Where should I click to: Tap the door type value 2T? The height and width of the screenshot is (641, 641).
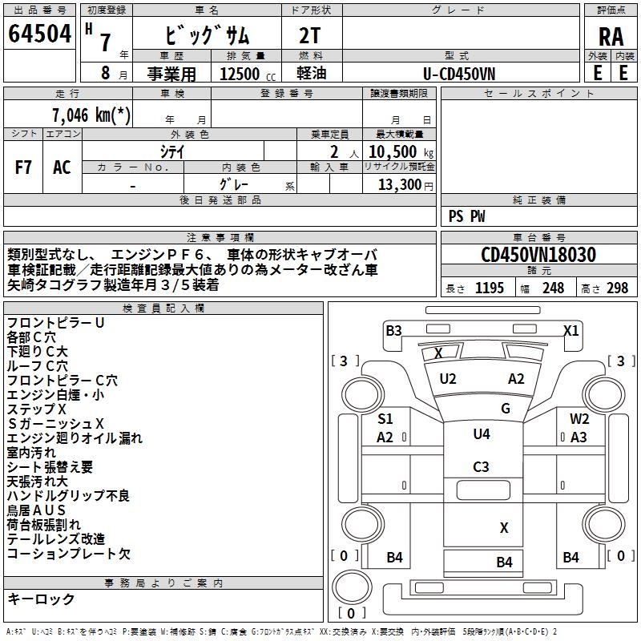click(310, 35)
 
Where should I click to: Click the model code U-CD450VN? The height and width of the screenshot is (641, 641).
click(459, 73)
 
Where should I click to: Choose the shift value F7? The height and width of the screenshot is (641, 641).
click(24, 167)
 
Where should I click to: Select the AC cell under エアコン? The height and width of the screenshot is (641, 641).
click(62, 167)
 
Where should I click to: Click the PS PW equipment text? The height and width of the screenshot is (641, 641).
click(467, 216)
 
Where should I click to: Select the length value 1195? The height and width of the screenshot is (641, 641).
click(490, 288)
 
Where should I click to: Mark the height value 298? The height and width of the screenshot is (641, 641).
click(617, 288)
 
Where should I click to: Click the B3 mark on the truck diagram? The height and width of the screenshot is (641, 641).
click(393, 330)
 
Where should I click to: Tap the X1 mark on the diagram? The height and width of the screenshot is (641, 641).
click(570, 330)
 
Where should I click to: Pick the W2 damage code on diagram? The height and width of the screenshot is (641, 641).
click(579, 419)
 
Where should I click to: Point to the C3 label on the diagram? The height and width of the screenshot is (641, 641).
click(481, 467)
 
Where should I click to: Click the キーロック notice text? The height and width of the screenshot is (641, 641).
click(41, 599)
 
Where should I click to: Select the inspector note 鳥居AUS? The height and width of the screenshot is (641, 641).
click(36, 510)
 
